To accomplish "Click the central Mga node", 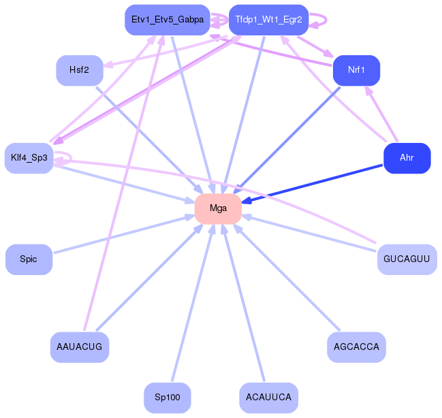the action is pos(218,208).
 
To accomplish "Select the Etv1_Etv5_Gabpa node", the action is pos(168,20).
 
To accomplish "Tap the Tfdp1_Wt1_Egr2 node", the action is pos(268,20).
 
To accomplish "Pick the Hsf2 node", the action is pos(80,71).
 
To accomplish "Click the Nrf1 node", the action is pos(356,71).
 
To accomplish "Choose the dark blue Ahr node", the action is pos(407,158).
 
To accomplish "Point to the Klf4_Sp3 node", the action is pos(29,158).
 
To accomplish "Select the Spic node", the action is pos(29,259).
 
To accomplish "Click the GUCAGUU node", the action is pos(407,259).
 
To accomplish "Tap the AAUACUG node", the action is pos(80,347).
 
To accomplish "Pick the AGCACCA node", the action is pos(356,347).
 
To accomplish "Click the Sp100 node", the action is pos(168,398).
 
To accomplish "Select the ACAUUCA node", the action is pos(268,398).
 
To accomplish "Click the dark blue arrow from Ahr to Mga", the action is pos(312,184).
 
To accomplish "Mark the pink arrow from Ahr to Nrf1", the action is pos(381,114).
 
